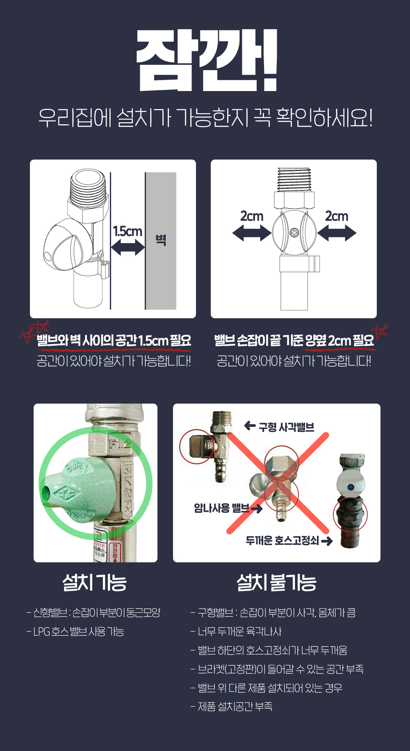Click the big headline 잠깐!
207,60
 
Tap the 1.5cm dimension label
128,231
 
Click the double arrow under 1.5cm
128,247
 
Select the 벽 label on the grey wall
161,240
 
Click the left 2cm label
252,216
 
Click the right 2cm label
337,216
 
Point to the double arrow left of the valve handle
252,233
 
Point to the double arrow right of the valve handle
337,233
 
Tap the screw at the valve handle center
294,233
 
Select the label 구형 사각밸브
287,427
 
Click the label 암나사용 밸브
221,508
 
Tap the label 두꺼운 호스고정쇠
282,541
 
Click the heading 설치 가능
95,582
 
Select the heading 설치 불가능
277,582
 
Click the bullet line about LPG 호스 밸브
75,632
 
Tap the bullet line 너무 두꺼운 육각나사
236,632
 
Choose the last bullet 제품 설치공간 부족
232,706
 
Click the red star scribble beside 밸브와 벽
34,331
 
